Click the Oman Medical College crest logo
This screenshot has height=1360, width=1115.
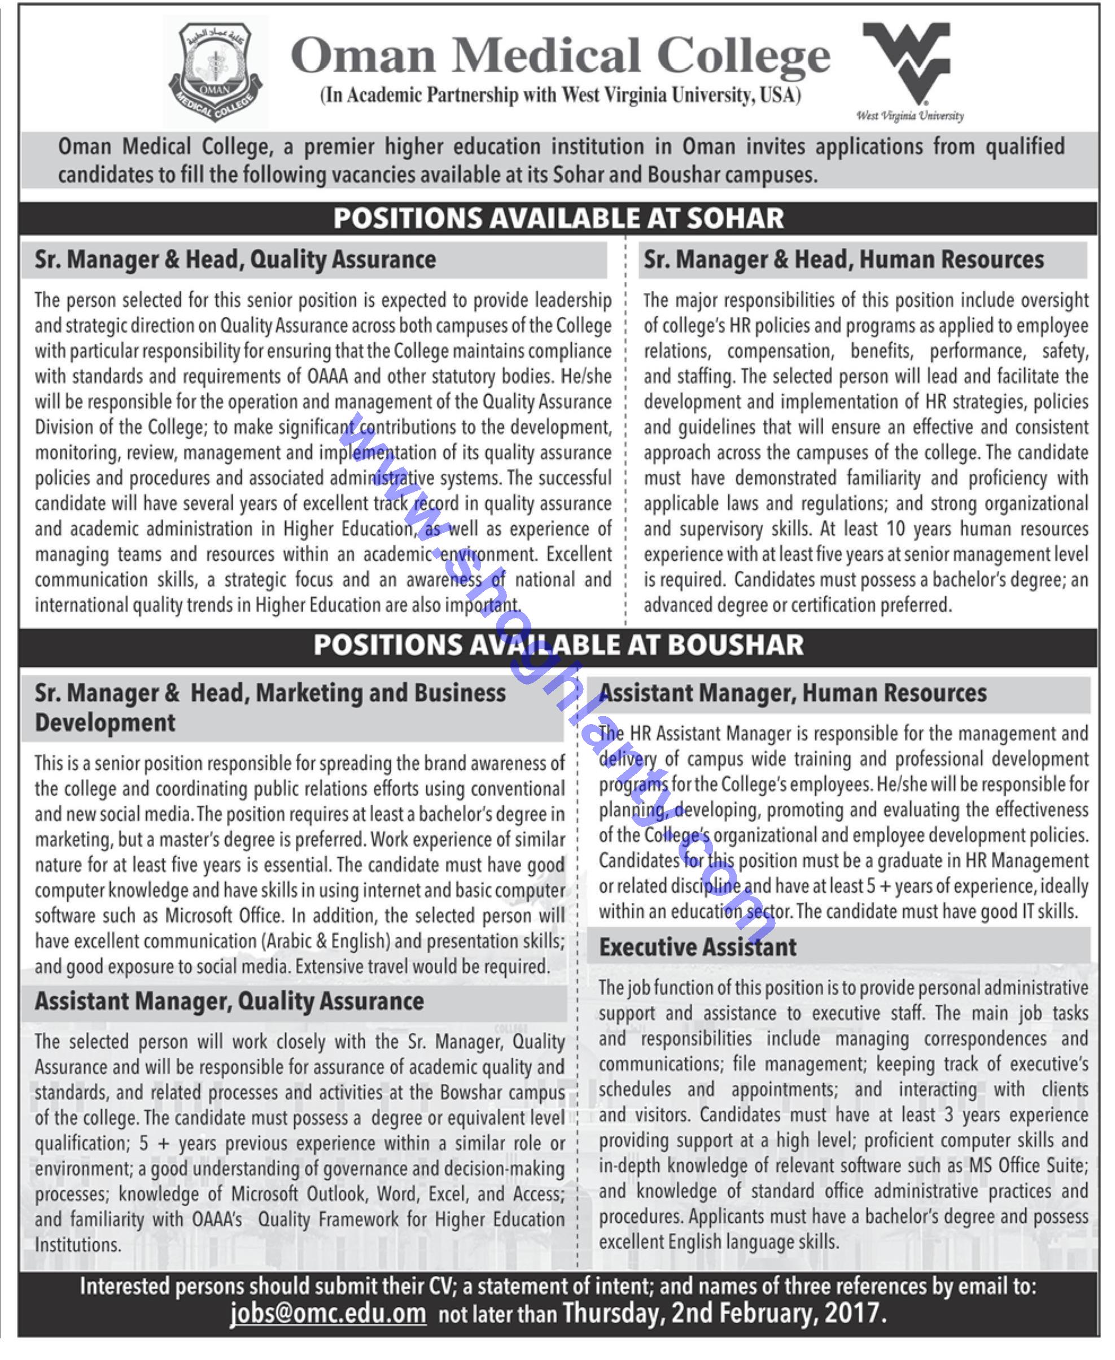pyautogui.click(x=215, y=72)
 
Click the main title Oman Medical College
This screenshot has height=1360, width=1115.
pyautogui.click(x=560, y=55)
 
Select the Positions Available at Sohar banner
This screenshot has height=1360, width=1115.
pyautogui.click(x=558, y=219)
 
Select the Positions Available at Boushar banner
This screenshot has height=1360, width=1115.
pyautogui.click(x=558, y=645)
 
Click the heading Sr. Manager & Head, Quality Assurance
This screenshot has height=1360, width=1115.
pyautogui.click(x=235, y=260)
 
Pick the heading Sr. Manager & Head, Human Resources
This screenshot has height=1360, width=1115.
pyautogui.click(x=843, y=260)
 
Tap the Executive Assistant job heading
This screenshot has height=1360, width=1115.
pyautogui.click(x=698, y=948)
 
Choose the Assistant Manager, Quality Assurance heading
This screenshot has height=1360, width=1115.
pyautogui.click(x=229, y=1001)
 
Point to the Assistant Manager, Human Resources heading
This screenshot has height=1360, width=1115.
pyautogui.click(x=793, y=693)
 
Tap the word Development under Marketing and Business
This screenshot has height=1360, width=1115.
pyautogui.click(x=104, y=723)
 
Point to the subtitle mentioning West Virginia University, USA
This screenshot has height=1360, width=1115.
pyautogui.click(x=560, y=95)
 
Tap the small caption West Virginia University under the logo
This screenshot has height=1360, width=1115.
pyautogui.click(x=910, y=116)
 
